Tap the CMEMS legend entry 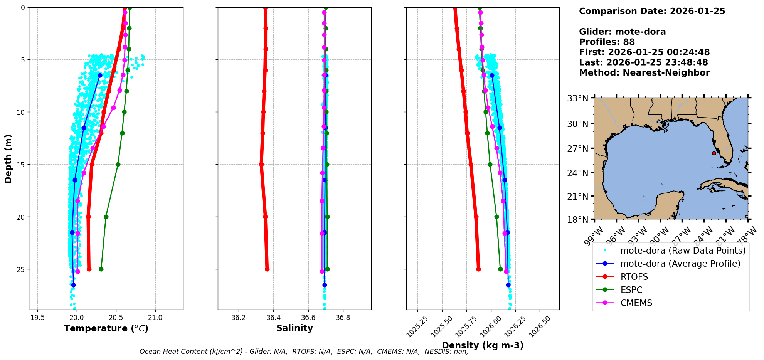point(636,303)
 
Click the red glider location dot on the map point(714,153)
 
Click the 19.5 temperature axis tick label point(37,318)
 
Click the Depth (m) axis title point(8,159)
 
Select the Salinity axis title point(294,328)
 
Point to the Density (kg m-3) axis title point(483,345)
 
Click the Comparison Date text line point(652,11)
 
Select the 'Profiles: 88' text point(607,42)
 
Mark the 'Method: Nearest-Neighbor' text point(644,73)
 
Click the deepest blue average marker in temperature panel point(73,285)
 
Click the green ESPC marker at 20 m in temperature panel point(106,217)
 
